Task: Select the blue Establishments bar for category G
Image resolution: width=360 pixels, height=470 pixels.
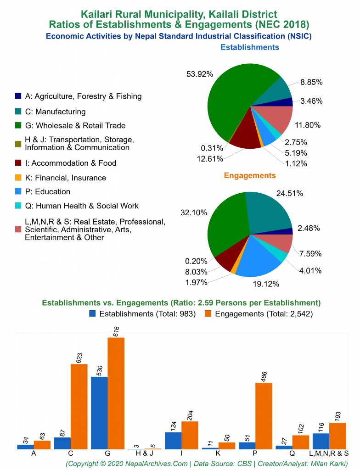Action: pyautogui.click(x=99, y=413)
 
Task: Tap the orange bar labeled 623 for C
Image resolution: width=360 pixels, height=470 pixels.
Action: pyautogui.click(x=79, y=406)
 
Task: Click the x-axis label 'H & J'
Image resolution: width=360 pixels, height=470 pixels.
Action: pyautogui.click(x=145, y=453)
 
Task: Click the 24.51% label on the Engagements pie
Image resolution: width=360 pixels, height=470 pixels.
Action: pyautogui.click(x=290, y=193)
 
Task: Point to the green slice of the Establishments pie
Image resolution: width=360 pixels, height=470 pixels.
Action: pyautogui.click(x=230, y=101)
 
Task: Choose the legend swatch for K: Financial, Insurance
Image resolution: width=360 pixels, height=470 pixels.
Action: pyautogui.click(x=18, y=178)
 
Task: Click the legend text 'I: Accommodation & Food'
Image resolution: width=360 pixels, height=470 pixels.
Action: pyautogui.click(x=71, y=163)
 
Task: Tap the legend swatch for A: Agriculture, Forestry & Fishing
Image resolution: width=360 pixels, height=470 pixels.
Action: pyautogui.click(x=18, y=96)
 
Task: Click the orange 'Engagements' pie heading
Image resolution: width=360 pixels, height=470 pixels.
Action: pyautogui.click(x=250, y=175)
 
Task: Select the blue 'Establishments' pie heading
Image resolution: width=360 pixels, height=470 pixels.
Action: pyautogui.click(x=250, y=47)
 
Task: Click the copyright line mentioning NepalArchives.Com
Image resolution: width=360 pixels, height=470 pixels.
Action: pyautogui.click(x=207, y=464)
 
